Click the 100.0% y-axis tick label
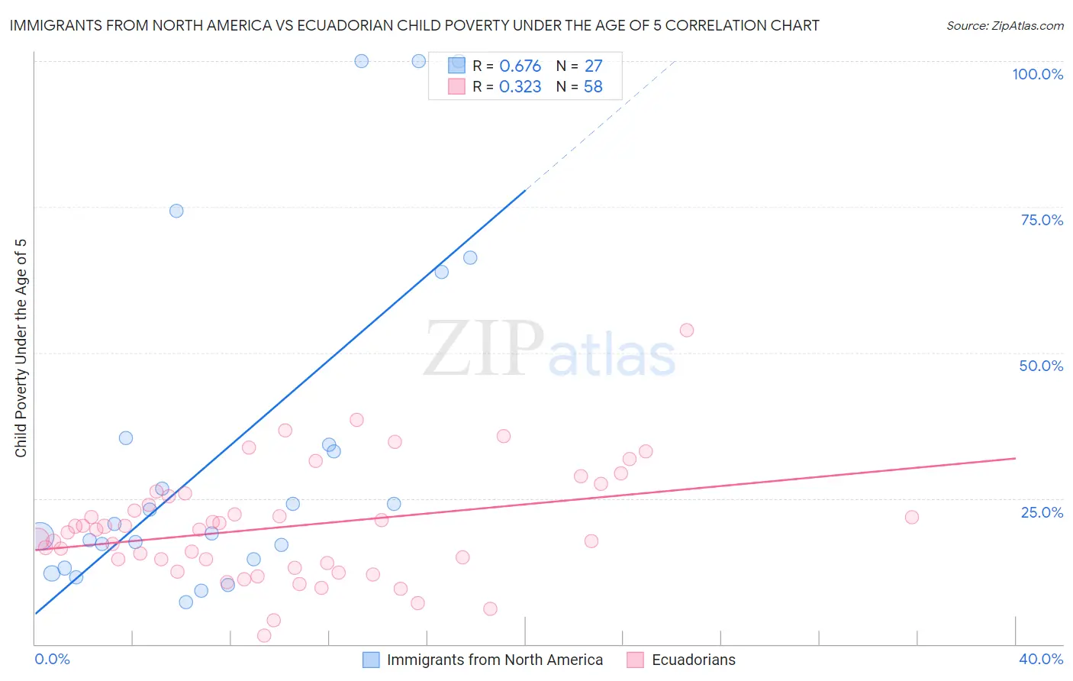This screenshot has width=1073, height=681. point(1037,74)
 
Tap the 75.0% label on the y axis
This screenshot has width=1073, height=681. point(1042,220)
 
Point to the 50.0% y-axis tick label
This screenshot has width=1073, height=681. point(1041,366)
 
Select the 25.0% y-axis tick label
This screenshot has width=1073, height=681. point(1042,512)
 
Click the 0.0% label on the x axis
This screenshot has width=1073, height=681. point(52,659)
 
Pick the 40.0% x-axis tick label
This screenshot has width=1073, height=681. point(1041,659)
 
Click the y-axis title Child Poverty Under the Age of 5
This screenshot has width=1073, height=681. point(21,348)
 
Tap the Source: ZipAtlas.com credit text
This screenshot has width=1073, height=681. point(1004,26)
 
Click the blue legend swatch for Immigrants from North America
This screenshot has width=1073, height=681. point(371,660)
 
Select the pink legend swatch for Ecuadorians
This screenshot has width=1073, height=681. point(635,660)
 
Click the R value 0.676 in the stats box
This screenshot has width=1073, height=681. point(520,66)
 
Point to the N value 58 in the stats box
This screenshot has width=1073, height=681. point(593,87)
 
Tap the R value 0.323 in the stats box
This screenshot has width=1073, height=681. point(520,87)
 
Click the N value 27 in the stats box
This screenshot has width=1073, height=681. point(593,66)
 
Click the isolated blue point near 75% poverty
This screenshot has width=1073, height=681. point(176,211)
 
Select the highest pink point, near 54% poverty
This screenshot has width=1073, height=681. point(687,330)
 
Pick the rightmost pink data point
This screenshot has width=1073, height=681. point(911,517)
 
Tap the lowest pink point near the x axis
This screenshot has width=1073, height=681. point(264,635)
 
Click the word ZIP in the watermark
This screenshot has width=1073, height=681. point(483,349)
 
